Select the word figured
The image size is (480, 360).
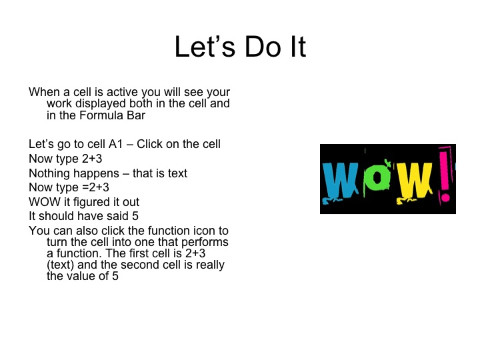tap(89, 202)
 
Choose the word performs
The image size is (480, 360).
tap(205, 243)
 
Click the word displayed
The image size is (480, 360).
tap(100, 104)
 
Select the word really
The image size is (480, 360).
tap(207, 265)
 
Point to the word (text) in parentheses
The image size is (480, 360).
tap(61, 265)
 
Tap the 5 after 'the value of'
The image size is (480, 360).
tap(115, 277)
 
